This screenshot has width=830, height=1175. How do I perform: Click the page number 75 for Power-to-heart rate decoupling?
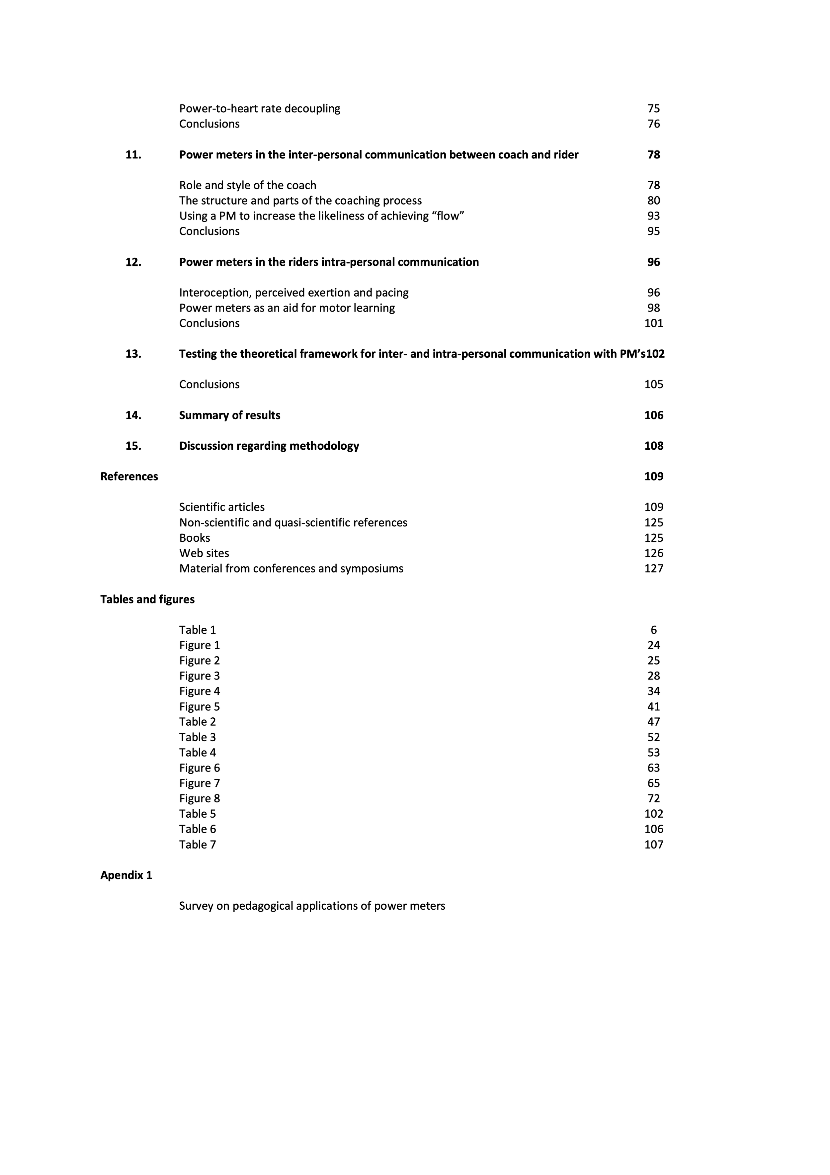coord(653,109)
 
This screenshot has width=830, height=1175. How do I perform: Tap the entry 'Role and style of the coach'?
coord(248,185)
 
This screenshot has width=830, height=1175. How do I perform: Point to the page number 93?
coord(653,216)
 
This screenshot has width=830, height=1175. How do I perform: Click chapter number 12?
coord(133,262)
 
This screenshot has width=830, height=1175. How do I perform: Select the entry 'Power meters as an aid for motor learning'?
coord(287,308)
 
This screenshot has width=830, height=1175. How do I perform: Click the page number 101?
coord(653,323)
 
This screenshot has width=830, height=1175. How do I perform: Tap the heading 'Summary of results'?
coord(230,415)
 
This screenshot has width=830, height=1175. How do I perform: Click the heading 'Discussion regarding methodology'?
coord(269,446)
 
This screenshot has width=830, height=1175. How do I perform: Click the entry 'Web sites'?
coord(204,553)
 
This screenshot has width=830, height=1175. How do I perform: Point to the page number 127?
coord(653,569)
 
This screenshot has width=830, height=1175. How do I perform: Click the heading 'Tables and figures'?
coord(147,599)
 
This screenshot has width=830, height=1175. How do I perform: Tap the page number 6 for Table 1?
coord(653,630)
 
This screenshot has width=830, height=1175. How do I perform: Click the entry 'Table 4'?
coord(198,752)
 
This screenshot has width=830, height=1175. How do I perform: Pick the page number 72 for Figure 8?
coord(653,798)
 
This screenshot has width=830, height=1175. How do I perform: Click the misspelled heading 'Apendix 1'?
coord(126,875)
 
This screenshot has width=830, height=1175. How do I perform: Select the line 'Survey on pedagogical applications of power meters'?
coord(312,906)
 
